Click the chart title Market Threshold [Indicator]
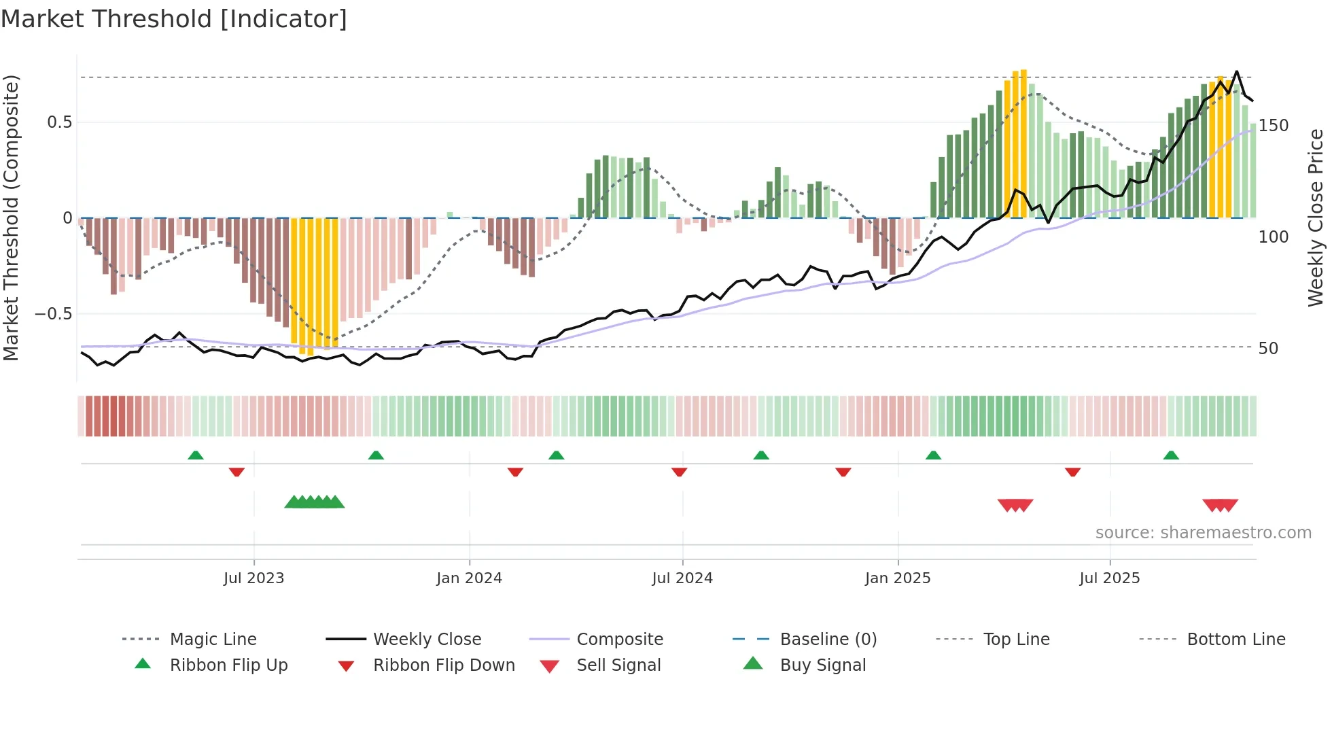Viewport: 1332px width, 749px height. click(x=174, y=19)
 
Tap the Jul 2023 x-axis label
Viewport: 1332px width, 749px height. click(x=253, y=578)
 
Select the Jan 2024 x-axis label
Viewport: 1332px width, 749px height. click(x=469, y=578)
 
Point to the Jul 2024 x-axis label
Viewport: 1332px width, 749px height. click(x=682, y=578)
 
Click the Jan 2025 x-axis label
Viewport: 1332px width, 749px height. click(x=898, y=578)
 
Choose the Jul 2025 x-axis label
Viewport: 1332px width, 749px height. click(x=1110, y=578)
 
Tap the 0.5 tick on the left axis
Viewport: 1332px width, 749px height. click(x=59, y=122)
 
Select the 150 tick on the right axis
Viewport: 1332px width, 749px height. click(x=1273, y=126)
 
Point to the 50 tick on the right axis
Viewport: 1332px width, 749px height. click(x=1268, y=349)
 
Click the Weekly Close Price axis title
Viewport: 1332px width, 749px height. click(x=1316, y=217)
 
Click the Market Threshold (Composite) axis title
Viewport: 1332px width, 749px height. click(x=11, y=217)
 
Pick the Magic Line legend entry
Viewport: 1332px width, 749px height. click(x=213, y=640)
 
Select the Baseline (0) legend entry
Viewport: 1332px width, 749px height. click(x=828, y=640)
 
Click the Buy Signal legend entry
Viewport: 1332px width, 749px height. click(x=822, y=665)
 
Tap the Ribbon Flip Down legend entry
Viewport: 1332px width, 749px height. click(x=443, y=665)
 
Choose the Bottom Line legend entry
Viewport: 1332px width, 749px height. click(x=1235, y=640)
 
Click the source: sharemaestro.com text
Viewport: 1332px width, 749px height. click(x=1203, y=533)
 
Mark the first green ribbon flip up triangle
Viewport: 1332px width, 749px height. click(x=196, y=455)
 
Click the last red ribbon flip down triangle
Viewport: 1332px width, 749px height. click(x=1072, y=472)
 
